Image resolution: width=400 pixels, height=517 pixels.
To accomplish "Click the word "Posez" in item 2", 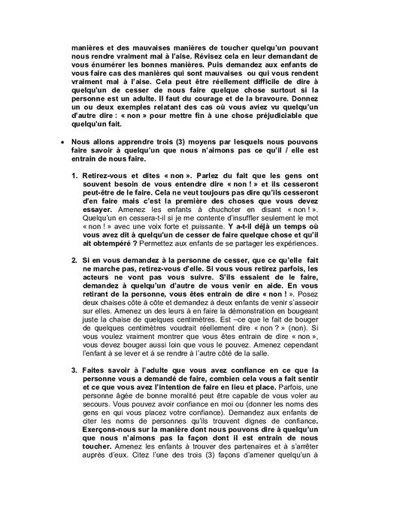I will [x=314, y=314].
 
